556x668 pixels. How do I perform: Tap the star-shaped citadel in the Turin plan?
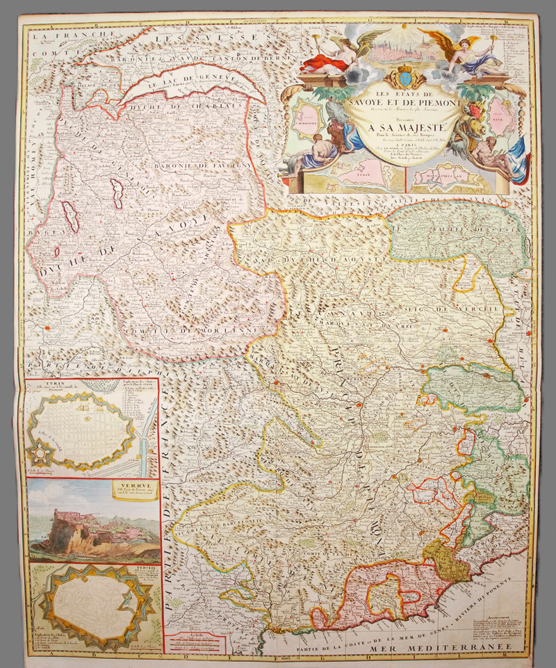coord(43,455)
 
